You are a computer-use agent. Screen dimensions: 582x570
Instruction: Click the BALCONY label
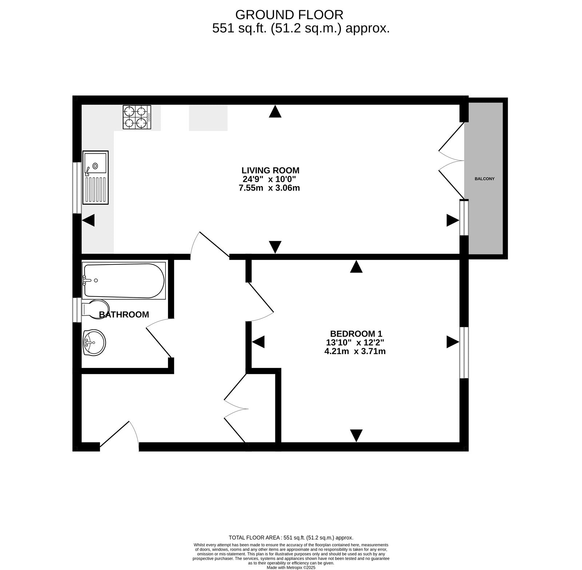pyautogui.click(x=485, y=179)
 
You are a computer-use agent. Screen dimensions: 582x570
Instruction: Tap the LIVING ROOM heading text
pyautogui.click(x=270, y=170)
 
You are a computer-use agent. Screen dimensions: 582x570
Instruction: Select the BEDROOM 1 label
pyautogui.click(x=356, y=333)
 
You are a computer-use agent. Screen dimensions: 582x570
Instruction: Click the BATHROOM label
pyautogui.click(x=124, y=314)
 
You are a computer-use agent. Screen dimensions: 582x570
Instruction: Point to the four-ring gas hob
pyautogui.click(x=137, y=117)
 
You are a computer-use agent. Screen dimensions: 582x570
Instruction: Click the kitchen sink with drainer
pyautogui.click(x=96, y=177)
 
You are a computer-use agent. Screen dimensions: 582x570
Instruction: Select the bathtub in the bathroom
pyautogui.click(x=124, y=281)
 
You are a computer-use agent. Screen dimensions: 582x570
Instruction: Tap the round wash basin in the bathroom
pyautogui.click(x=94, y=342)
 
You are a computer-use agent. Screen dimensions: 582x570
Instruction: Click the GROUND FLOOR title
pyautogui.click(x=289, y=15)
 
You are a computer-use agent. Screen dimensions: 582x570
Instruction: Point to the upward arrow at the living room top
pyautogui.click(x=275, y=111)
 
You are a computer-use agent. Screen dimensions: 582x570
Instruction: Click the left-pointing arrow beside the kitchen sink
pyautogui.click(x=88, y=220)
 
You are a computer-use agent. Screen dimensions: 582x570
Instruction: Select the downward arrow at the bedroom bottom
pyautogui.click(x=356, y=435)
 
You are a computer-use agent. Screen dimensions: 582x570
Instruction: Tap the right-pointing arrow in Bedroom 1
pyautogui.click(x=453, y=342)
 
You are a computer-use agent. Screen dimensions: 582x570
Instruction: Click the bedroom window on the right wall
pyautogui.click(x=464, y=353)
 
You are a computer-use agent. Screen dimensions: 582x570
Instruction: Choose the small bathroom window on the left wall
pyautogui.click(x=77, y=310)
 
